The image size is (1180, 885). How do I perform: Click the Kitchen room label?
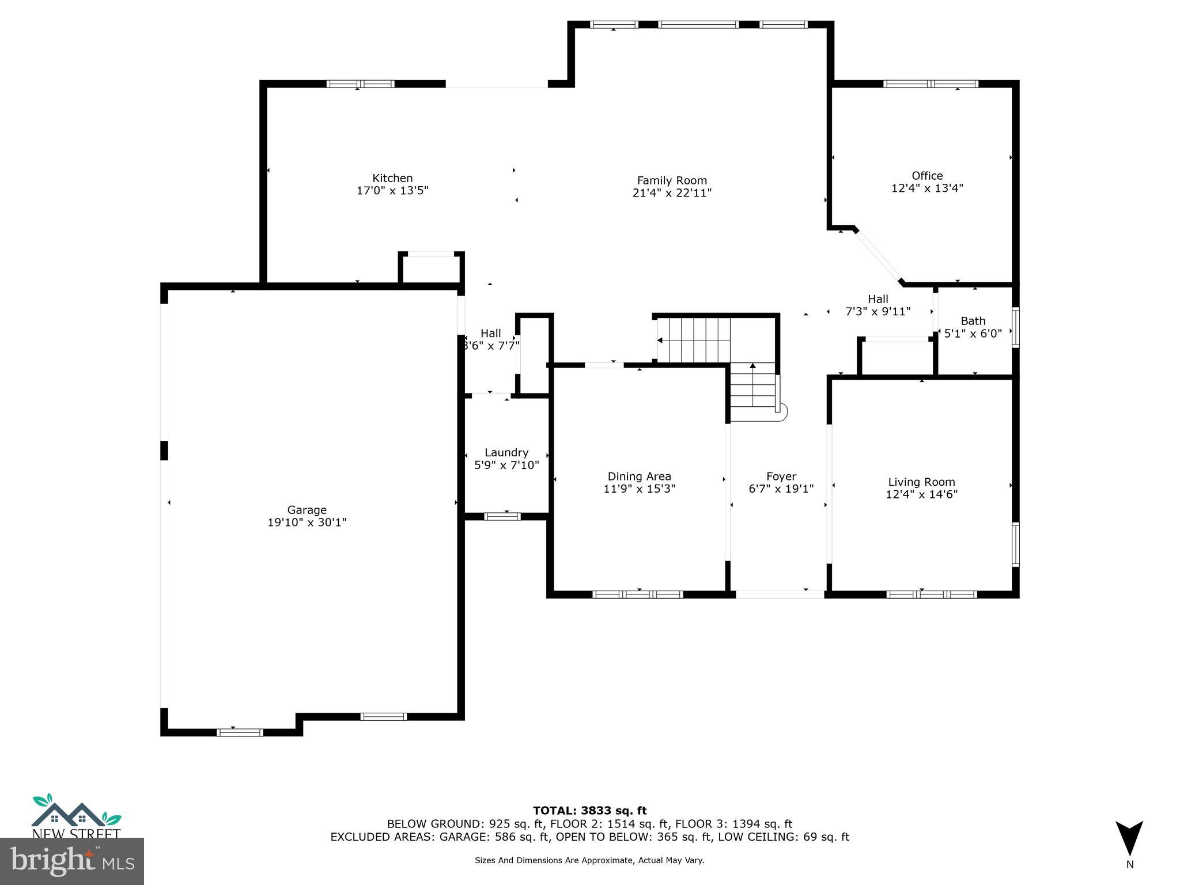click(392, 178)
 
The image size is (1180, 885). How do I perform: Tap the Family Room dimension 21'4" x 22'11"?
click(672, 193)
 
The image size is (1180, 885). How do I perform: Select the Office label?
click(927, 176)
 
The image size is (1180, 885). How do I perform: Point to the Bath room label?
click(973, 321)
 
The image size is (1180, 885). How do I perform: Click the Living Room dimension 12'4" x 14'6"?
click(921, 494)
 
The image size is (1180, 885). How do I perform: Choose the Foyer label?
click(781, 476)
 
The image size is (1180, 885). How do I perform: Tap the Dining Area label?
click(639, 476)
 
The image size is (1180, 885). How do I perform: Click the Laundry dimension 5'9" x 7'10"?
click(506, 465)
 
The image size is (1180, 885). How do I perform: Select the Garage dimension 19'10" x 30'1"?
click(307, 523)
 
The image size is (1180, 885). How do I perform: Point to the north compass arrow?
click(1129, 838)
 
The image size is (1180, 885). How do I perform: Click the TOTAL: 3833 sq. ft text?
click(589, 811)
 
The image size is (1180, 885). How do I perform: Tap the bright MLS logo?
click(72, 861)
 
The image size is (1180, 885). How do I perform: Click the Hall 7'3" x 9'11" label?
click(878, 305)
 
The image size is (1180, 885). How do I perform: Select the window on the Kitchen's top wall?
click(360, 84)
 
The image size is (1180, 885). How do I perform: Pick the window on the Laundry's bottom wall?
click(502, 516)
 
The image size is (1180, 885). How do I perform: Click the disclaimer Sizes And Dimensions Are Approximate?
click(589, 860)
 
